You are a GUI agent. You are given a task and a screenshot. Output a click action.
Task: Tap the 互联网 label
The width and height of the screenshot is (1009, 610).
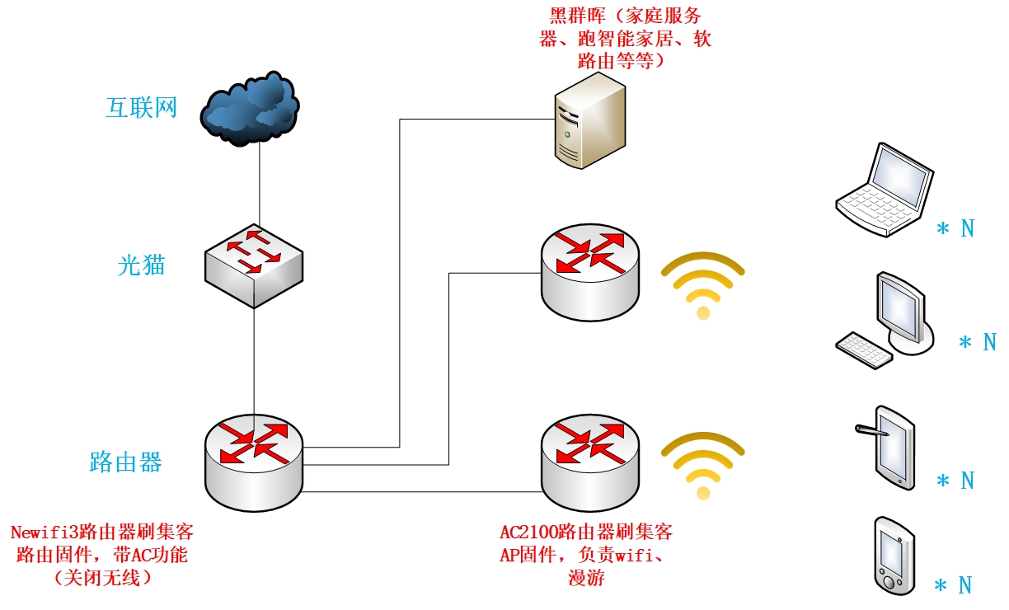point(141,107)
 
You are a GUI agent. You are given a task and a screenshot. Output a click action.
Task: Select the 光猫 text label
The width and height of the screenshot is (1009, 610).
point(141,265)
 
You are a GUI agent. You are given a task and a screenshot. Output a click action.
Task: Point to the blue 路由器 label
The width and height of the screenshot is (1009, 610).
point(125,462)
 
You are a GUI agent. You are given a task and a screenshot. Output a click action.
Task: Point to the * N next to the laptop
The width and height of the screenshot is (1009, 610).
point(955,228)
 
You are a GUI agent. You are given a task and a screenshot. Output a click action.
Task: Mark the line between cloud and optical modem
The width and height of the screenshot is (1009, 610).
point(260,185)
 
